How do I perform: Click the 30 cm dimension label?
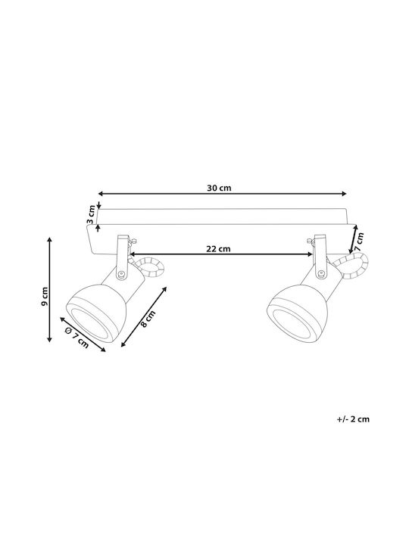(x=219, y=188)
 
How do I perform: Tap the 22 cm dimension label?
(x=218, y=249)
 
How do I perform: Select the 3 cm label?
(x=91, y=214)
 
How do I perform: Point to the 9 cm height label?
(x=44, y=297)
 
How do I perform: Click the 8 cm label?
(x=148, y=319)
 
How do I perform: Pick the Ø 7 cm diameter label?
(x=76, y=338)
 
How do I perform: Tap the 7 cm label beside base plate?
(x=358, y=241)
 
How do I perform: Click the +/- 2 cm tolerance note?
(x=353, y=419)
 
